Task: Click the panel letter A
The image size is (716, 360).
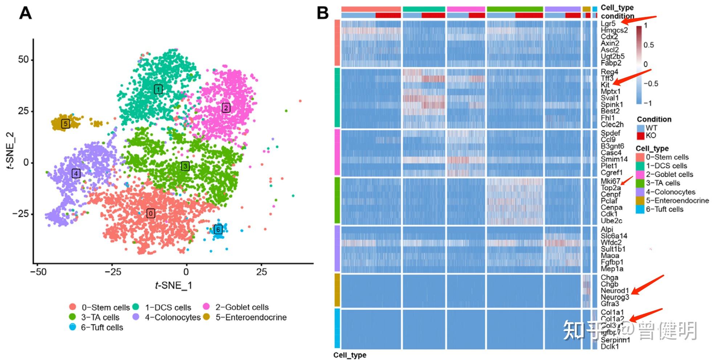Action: (x=25, y=13)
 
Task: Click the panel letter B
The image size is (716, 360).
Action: (x=323, y=13)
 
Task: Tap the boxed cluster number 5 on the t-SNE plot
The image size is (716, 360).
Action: (x=65, y=124)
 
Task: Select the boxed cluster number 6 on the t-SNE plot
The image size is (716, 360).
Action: (x=218, y=229)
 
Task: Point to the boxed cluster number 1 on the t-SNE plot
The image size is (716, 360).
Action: (x=158, y=89)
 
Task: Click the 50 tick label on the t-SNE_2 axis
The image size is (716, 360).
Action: (x=23, y=60)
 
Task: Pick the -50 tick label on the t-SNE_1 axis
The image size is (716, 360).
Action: (x=38, y=272)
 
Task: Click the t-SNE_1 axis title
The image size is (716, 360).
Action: (x=173, y=286)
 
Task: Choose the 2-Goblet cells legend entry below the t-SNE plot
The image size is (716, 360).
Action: (x=242, y=307)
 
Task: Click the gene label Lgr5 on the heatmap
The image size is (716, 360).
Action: (x=608, y=24)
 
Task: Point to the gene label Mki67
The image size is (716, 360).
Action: (x=610, y=181)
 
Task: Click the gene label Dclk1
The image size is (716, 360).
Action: (x=610, y=347)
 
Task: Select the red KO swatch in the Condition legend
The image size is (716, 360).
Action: (x=640, y=136)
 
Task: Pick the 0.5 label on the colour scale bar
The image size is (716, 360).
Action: (x=648, y=45)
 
